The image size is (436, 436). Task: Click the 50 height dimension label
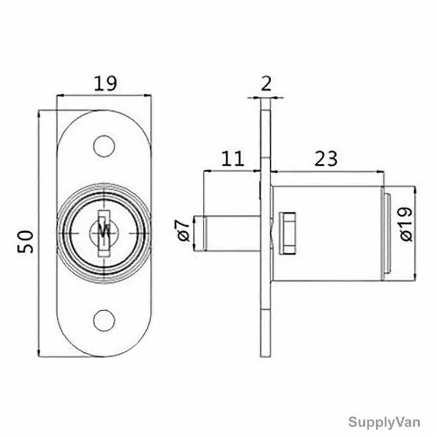(x=26, y=241)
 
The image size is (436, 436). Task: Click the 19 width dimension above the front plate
(x=105, y=83)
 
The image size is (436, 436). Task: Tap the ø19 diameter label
(x=407, y=224)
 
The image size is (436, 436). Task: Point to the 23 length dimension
(x=326, y=159)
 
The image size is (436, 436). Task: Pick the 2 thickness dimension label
(x=266, y=83)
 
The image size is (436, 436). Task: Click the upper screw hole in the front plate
(x=104, y=146)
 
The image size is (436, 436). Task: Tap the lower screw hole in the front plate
(x=104, y=321)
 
